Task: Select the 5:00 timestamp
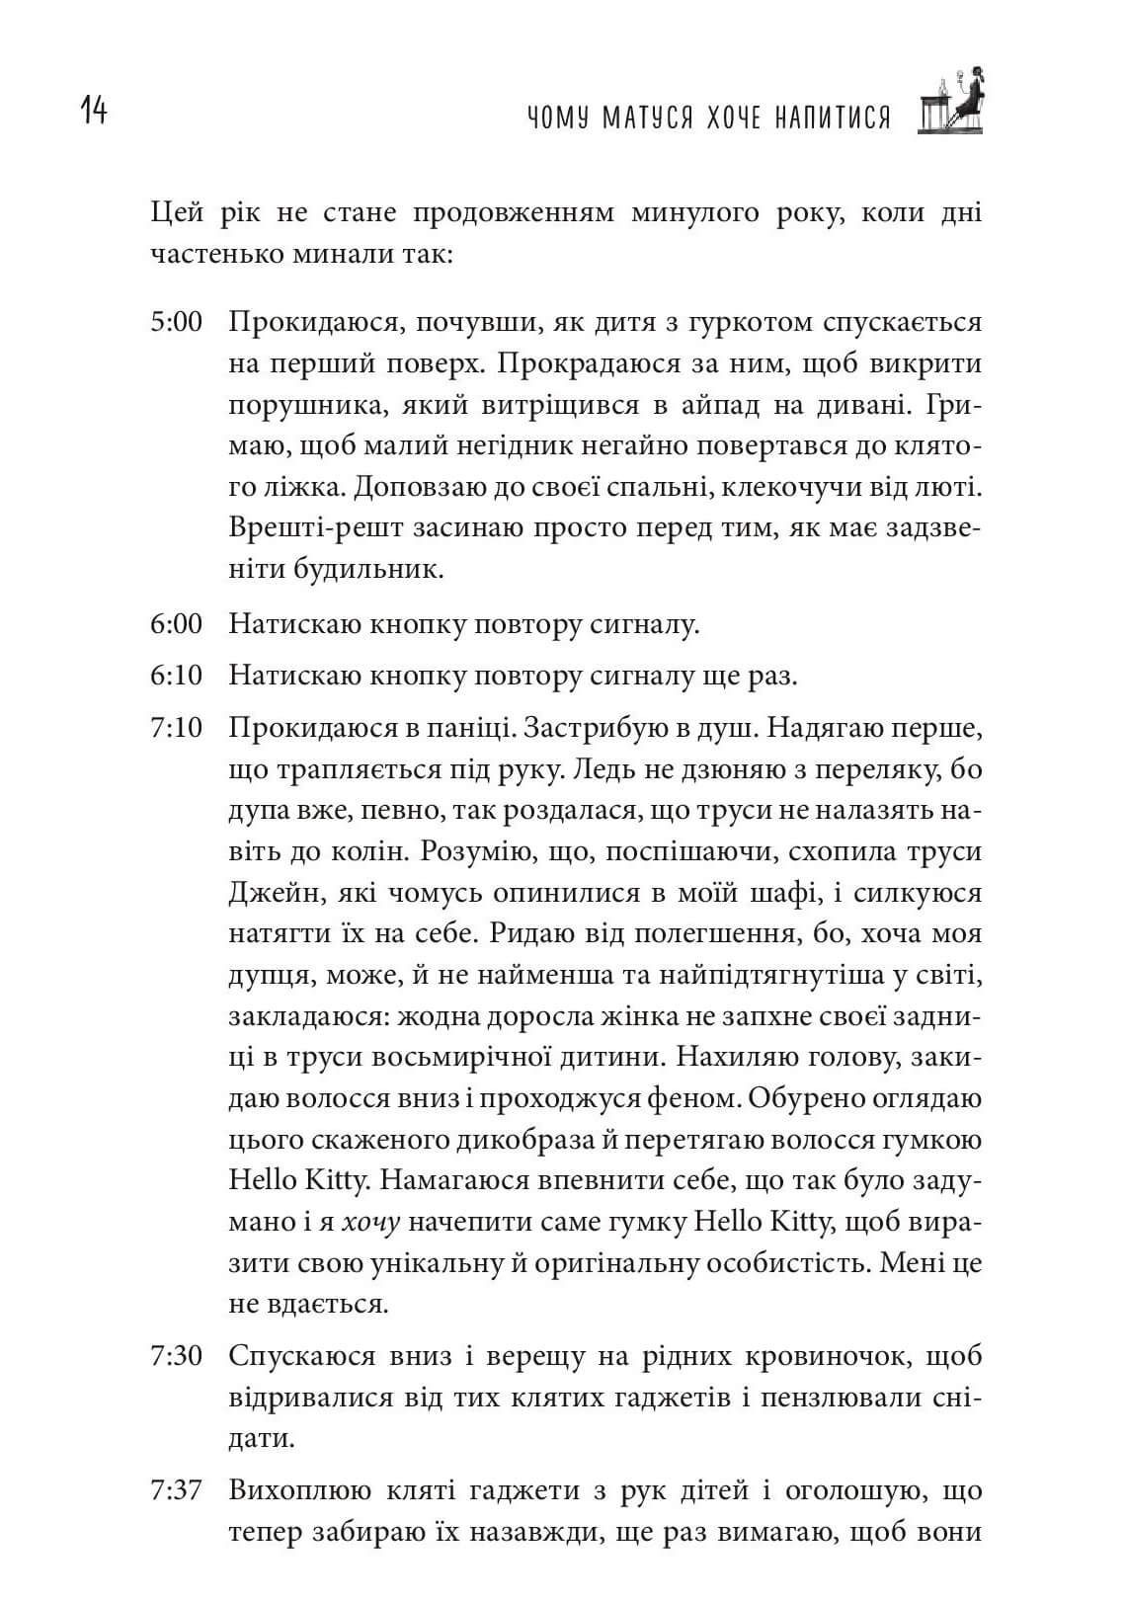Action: click(x=176, y=322)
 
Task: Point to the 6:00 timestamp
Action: click(x=176, y=623)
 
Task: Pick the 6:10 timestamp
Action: click(x=176, y=676)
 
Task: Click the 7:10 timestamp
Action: click(x=176, y=728)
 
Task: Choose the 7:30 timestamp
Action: click(x=176, y=1355)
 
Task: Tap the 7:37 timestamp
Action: click(x=176, y=1489)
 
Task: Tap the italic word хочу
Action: click(x=370, y=1222)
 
